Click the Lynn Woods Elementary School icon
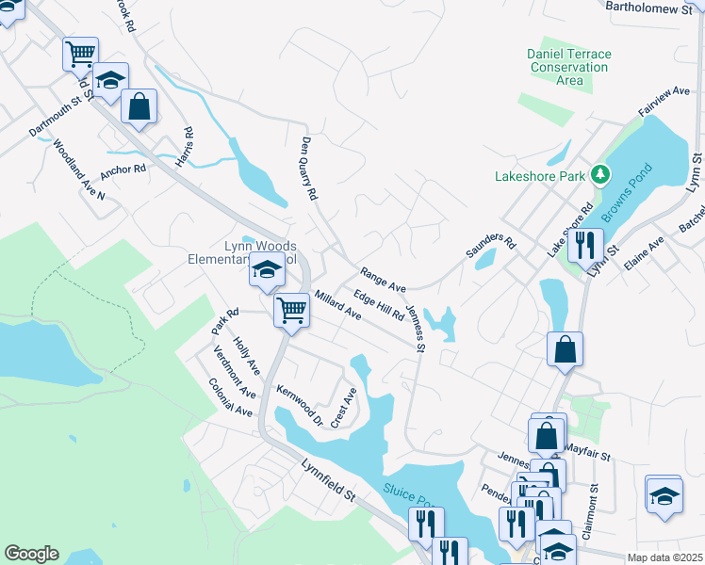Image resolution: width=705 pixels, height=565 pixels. pos(267,270)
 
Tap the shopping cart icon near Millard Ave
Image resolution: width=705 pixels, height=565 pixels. pos(292,310)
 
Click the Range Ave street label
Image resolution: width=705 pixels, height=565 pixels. pos(383,279)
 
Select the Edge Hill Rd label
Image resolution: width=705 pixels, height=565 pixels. pos(378,304)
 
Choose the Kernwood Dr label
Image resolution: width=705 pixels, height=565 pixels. pos(299,407)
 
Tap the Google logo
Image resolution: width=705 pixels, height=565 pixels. pos(31,554)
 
